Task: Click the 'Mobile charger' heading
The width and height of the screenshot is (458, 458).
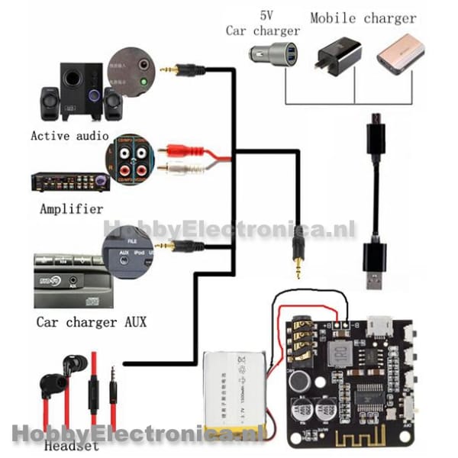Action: [363, 18]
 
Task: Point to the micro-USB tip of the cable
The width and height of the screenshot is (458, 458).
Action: [375, 121]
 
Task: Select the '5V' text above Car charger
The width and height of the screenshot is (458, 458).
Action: [266, 15]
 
